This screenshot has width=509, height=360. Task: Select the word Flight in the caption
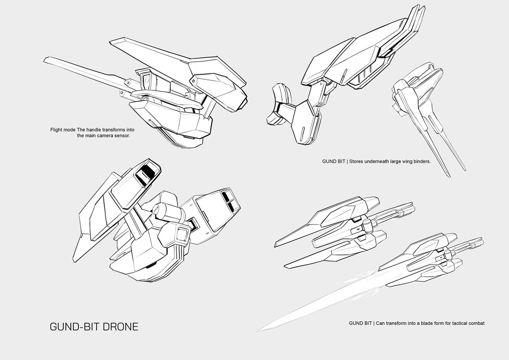point(56,130)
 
